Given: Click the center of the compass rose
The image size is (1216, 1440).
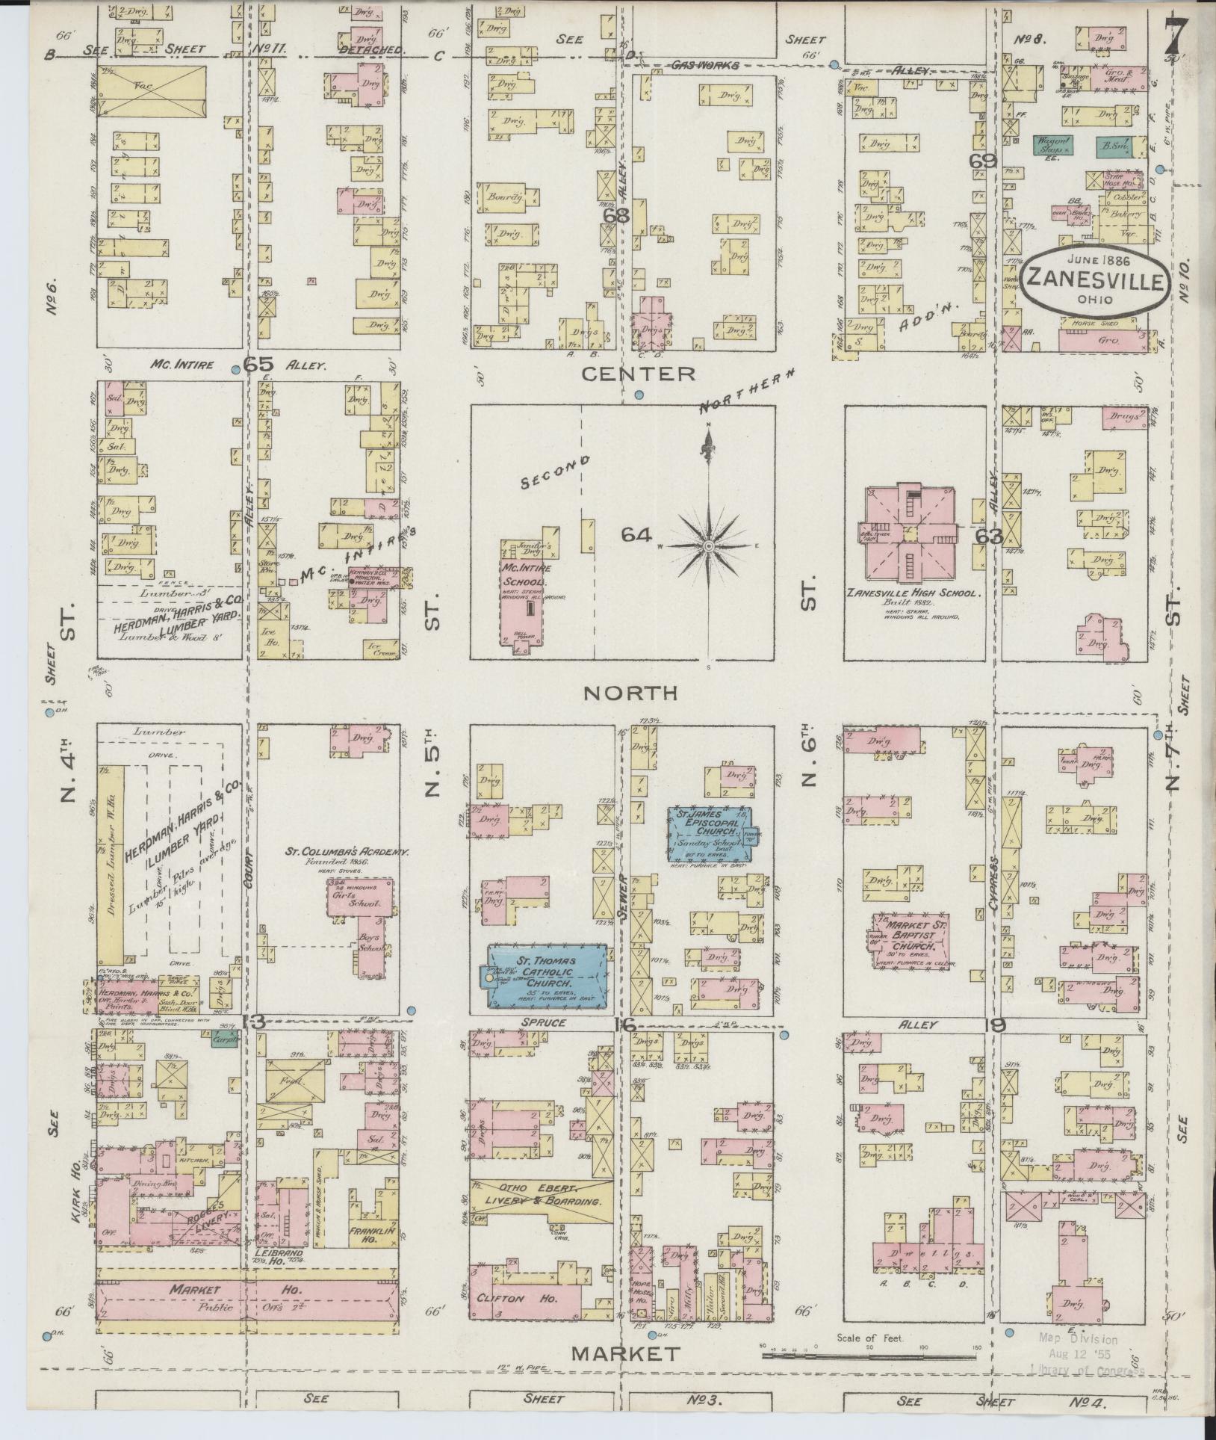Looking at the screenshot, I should pyautogui.click(x=707, y=547).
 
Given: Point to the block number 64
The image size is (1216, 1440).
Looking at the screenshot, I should pyautogui.click(x=636, y=535).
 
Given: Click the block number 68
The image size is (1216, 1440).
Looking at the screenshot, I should pyautogui.click(x=617, y=214).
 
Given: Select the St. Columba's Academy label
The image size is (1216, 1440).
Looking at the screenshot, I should pyautogui.click(x=347, y=851).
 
